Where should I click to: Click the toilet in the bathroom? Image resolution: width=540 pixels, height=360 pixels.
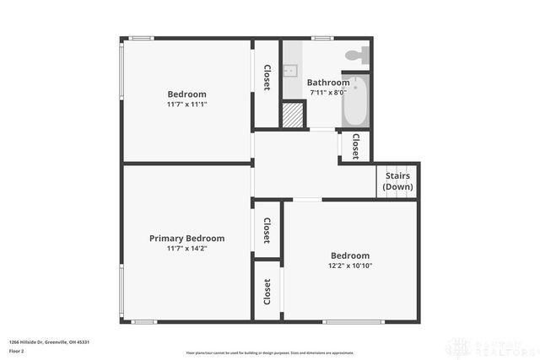pyautogui.click(x=357, y=55)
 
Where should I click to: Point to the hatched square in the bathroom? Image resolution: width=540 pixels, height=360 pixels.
pyautogui.click(x=292, y=114)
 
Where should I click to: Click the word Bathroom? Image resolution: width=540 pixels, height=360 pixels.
pyautogui.click(x=327, y=83)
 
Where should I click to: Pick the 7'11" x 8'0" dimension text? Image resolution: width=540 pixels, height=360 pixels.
pyautogui.click(x=327, y=94)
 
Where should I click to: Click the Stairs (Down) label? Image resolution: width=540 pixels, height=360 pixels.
pyautogui.click(x=397, y=181)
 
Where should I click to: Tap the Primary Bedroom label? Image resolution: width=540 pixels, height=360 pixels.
pyautogui.click(x=186, y=239)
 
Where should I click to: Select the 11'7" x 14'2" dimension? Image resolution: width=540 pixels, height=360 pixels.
pyautogui.click(x=186, y=250)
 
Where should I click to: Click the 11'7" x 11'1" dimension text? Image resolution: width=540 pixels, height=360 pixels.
pyautogui.click(x=186, y=105)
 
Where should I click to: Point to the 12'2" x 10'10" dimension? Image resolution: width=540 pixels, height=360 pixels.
pyautogui.click(x=349, y=266)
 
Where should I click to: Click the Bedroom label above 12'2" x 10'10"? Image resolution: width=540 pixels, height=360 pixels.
pyautogui.click(x=349, y=255)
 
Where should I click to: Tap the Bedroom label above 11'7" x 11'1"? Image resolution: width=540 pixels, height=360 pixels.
pyautogui.click(x=186, y=94)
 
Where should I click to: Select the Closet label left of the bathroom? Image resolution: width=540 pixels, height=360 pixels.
pyautogui.click(x=267, y=79)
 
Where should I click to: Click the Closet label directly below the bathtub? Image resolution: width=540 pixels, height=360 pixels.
pyautogui.click(x=355, y=146)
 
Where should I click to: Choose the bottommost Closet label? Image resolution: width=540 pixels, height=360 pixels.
pyautogui.click(x=267, y=292)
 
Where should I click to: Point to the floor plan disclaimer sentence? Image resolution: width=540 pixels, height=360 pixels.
pyautogui.click(x=270, y=352)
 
